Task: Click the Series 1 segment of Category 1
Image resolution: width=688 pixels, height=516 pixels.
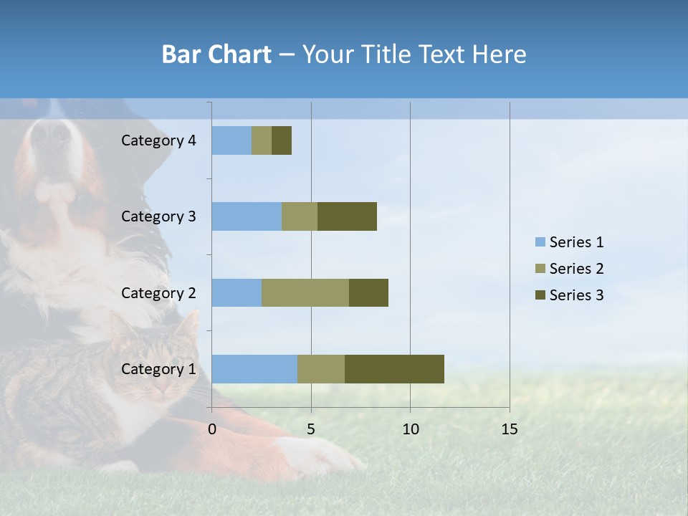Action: pyautogui.click(x=254, y=369)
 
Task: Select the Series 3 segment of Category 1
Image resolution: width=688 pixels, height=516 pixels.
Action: pyautogui.click(x=394, y=369)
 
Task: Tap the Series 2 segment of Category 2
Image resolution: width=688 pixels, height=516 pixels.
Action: pyautogui.click(x=305, y=292)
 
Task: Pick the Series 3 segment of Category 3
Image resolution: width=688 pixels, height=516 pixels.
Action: pyautogui.click(x=347, y=216)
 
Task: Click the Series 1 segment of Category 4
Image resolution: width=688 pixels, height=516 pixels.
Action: pyautogui.click(x=231, y=140)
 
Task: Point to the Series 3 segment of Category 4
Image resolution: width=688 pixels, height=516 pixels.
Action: pyautogui.click(x=282, y=140)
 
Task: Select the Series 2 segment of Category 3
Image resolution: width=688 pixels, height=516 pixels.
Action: pyautogui.click(x=300, y=216)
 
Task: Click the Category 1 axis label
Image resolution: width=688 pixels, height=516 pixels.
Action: pyautogui.click(x=158, y=369)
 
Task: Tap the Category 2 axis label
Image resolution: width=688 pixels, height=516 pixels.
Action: pyautogui.click(x=158, y=292)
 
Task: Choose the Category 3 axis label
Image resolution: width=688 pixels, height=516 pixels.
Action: pyautogui.click(x=158, y=216)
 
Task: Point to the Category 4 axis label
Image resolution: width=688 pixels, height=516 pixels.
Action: pyautogui.click(x=158, y=140)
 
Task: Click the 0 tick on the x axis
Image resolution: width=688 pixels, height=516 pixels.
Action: pyautogui.click(x=212, y=429)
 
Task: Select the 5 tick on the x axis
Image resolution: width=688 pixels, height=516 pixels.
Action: pyautogui.click(x=311, y=429)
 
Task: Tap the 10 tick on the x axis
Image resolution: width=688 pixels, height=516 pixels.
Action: pyautogui.click(x=410, y=429)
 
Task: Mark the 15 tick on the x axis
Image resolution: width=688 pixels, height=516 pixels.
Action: pyautogui.click(x=509, y=429)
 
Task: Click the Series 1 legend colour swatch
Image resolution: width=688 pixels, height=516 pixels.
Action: pyautogui.click(x=540, y=242)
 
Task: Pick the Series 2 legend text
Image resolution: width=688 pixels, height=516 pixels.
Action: pyautogui.click(x=576, y=269)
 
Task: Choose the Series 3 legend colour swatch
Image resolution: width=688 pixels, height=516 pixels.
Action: pyautogui.click(x=540, y=295)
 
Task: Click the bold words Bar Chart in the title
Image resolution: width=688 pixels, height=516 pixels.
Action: pyautogui.click(x=216, y=54)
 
